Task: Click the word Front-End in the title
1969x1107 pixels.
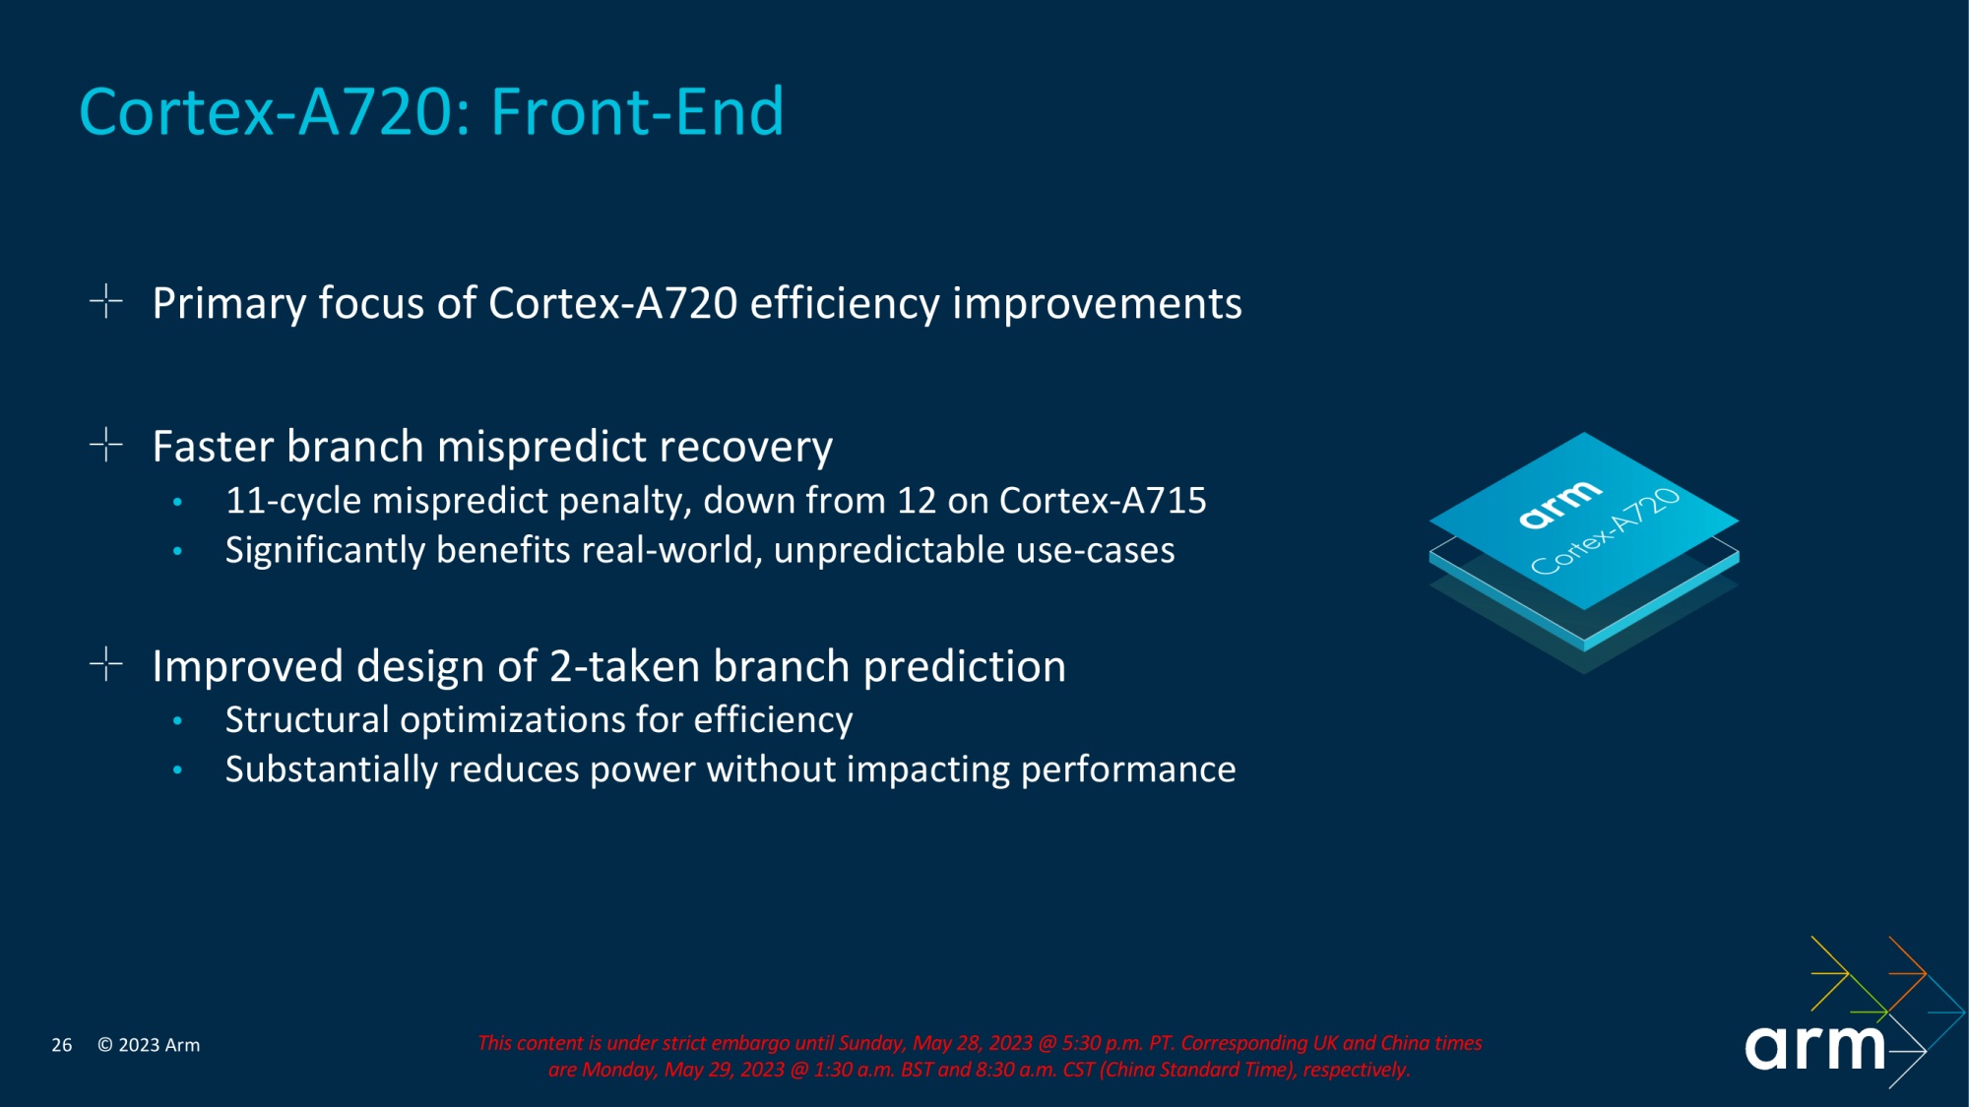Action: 637,112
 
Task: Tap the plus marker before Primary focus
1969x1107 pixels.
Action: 105,301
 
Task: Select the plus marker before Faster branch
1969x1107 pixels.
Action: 105,445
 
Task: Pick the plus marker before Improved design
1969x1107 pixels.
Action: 105,665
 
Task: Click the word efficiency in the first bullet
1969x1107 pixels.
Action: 844,303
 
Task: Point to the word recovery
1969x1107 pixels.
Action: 745,447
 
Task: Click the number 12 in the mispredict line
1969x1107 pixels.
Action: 916,501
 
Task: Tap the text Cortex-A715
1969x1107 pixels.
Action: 1102,501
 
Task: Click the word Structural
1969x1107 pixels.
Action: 307,720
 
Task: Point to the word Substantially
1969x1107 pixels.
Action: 331,769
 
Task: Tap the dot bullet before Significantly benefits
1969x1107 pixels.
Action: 177,551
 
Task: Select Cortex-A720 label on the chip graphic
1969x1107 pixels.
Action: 1604,532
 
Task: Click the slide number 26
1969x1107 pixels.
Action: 61,1045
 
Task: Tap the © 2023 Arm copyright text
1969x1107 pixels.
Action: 149,1045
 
